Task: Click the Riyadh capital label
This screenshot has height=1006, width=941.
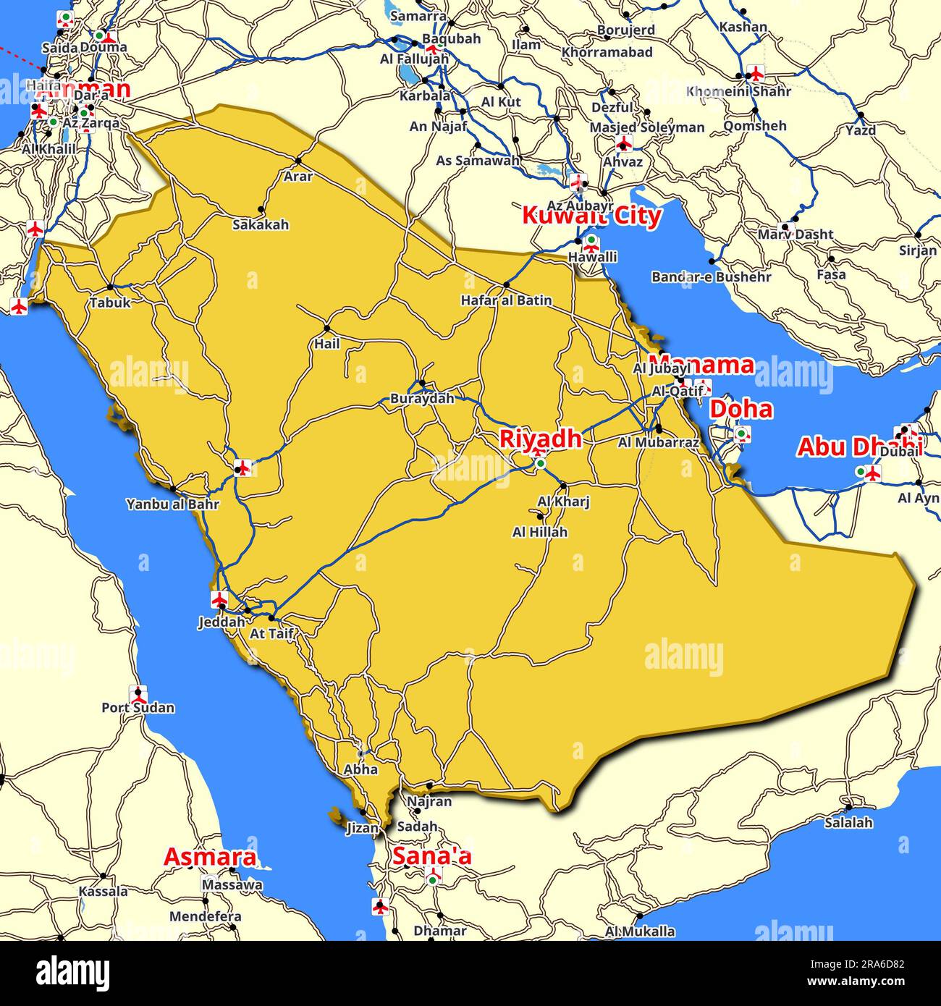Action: pyautogui.click(x=541, y=439)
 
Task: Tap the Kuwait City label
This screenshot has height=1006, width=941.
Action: pyautogui.click(x=591, y=216)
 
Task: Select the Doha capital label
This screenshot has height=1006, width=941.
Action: pyautogui.click(x=740, y=409)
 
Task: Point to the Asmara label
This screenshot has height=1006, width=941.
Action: pyautogui.click(x=210, y=857)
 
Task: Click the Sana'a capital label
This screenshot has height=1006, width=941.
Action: pyautogui.click(x=431, y=856)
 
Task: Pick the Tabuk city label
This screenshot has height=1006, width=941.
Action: pyautogui.click(x=110, y=303)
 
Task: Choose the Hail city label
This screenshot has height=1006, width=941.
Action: pyautogui.click(x=326, y=344)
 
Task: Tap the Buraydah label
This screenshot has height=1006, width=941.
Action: pyautogui.click(x=422, y=398)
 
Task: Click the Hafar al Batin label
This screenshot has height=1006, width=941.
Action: pyautogui.click(x=506, y=300)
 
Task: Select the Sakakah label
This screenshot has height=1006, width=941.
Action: pyautogui.click(x=260, y=224)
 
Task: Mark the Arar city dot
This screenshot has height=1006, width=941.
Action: pyautogui.click(x=298, y=161)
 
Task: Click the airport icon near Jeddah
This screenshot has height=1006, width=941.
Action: pyautogui.click(x=219, y=599)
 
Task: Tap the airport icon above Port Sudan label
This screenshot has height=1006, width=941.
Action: pyautogui.click(x=138, y=693)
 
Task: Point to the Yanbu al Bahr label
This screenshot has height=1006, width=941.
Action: pyautogui.click(x=172, y=504)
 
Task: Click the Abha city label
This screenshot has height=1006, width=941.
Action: pyautogui.click(x=360, y=769)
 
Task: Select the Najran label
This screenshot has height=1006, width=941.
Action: pyautogui.click(x=429, y=801)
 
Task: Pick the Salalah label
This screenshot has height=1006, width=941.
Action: pyautogui.click(x=848, y=822)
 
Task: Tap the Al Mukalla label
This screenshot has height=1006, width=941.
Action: pyautogui.click(x=640, y=931)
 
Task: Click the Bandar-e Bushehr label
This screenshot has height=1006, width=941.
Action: pyautogui.click(x=711, y=276)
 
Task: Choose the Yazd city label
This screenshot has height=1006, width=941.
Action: pyautogui.click(x=861, y=130)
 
